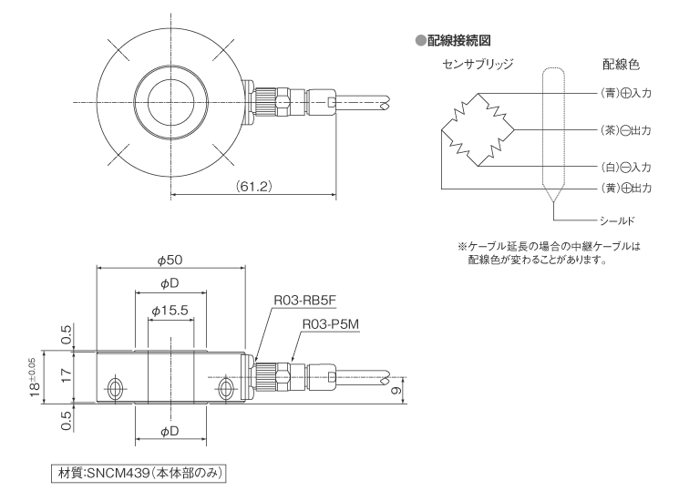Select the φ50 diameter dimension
click(x=170, y=259)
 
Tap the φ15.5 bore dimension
click(x=170, y=311)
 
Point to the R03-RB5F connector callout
click(x=303, y=298)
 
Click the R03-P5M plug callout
click(x=334, y=323)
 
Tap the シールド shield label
click(x=619, y=220)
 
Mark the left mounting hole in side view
click(x=115, y=389)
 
